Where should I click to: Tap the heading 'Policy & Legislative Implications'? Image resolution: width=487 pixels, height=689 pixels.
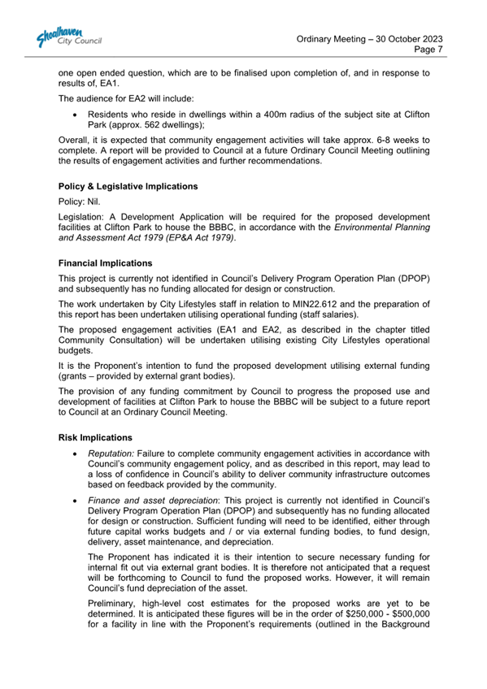[x=128, y=186]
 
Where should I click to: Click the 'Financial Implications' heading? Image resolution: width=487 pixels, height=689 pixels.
[x=106, y=264]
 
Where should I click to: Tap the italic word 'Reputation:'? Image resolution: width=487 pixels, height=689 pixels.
[x=111, y=452]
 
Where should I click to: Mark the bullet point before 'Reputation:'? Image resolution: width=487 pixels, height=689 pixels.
[x=76, y=452]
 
